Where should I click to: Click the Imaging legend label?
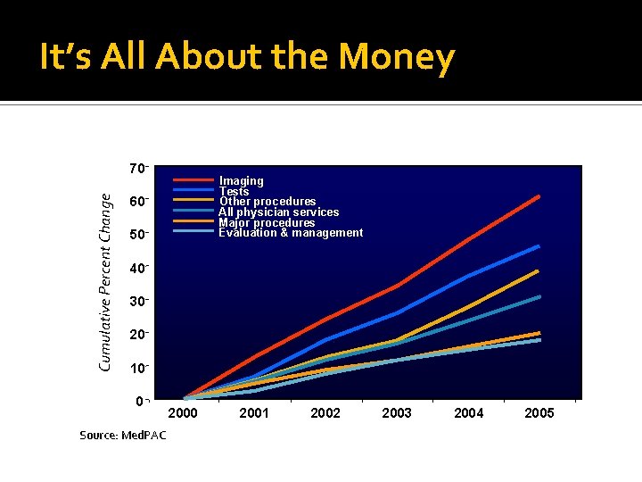(x=242, y=181)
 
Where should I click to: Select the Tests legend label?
(x=235, y=192)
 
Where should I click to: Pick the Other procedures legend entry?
(x=267, y=202)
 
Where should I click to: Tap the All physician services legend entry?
(x=279, y=212)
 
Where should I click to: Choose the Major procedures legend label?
(x=267, y=223)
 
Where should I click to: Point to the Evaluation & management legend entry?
(x=291, y=233)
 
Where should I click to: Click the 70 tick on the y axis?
(x=136, y=169)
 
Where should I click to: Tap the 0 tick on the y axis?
(x=139, y=401)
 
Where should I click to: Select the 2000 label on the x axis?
(x=183, y=413)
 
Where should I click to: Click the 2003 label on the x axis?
(x=397, y=413)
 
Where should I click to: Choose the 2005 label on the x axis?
(x=539, y=413)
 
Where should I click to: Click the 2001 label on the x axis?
(x=254, y=413)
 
